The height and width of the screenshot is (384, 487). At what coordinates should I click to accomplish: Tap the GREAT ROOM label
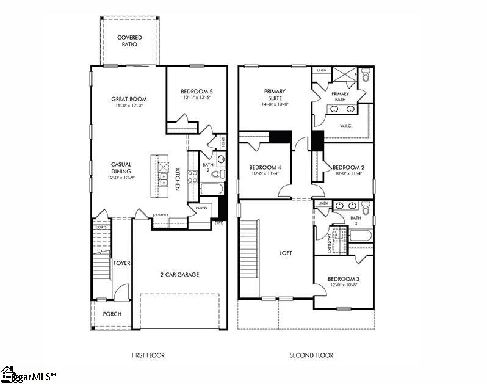click(129, 99)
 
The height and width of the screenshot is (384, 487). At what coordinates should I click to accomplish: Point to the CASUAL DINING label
click(121, 167)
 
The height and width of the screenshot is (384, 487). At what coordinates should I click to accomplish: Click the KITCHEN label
click(178, 179)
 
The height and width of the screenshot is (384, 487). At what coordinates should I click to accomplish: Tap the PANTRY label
click(202, 208)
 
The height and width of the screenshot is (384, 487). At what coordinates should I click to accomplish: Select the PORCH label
click(112, 314)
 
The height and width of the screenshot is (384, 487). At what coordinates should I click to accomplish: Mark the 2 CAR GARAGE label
click(179, 275)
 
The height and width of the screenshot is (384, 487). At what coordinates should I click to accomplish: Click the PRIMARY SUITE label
click(275, 95)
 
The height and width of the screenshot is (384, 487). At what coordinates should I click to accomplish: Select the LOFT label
click(286, 252)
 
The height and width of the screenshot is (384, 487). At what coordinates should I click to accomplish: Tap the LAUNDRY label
click(330, 241)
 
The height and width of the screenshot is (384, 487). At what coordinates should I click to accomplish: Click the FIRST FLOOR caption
click(148, 355)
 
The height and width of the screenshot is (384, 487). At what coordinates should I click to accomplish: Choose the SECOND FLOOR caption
click(311, 355)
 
